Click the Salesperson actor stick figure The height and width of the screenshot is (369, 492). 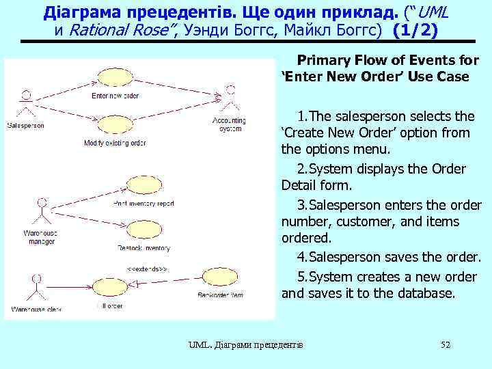26,103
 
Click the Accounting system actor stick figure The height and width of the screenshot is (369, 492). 230,98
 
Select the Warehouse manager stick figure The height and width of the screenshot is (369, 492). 42,213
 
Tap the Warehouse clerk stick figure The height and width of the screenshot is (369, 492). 36,287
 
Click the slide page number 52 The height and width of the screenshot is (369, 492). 446,345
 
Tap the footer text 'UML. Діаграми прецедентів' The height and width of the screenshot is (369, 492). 246,345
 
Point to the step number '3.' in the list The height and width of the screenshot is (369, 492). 303,204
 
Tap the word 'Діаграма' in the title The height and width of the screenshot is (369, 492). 77,12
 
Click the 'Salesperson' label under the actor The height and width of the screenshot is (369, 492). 26,125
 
